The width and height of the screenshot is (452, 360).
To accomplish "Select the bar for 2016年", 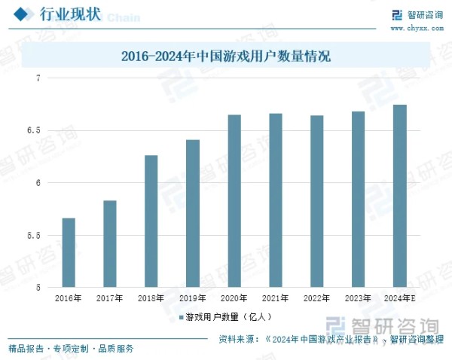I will [69, 252].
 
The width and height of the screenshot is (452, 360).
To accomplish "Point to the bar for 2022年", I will [317, 201].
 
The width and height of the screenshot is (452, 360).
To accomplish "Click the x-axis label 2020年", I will [234, 298].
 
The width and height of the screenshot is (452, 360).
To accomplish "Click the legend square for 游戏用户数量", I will [181, 317].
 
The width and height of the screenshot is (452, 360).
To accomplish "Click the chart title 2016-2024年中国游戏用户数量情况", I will [226, 56].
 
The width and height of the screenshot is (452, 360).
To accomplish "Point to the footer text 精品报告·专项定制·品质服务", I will [71, 348].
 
